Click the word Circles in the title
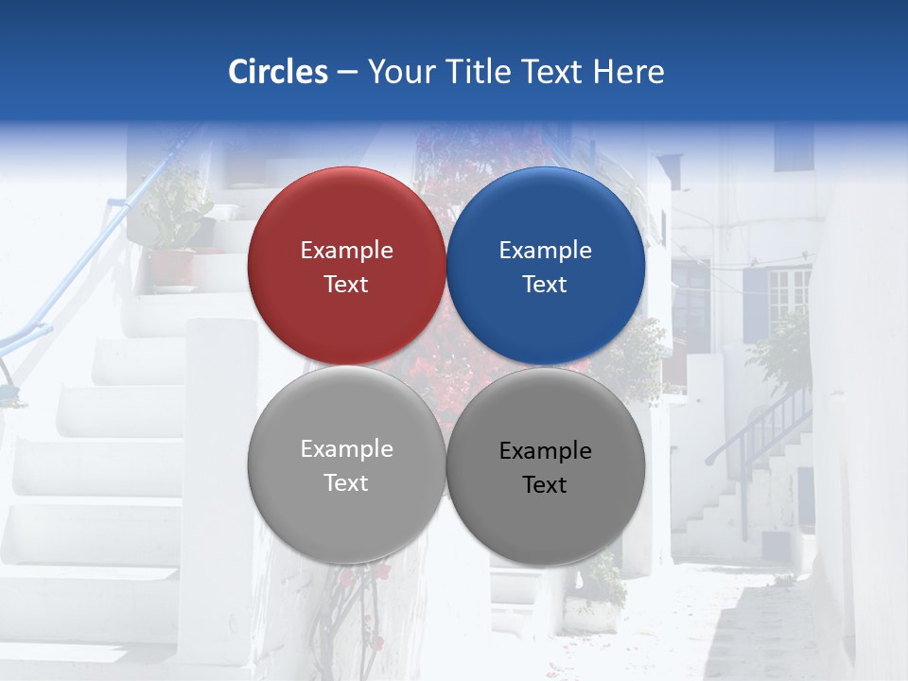[278, 72]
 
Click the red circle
[346, 266]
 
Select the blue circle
[546, 266]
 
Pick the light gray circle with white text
[346, 464]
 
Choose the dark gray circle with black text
[546, 466]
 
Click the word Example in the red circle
[346, 250]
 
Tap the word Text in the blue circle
[545, 284]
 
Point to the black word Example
[545, 450]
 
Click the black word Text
[545, 484]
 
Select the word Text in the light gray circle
[346, 482]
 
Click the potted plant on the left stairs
[176, 236]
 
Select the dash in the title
[347, 72]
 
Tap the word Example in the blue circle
[545, 250]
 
